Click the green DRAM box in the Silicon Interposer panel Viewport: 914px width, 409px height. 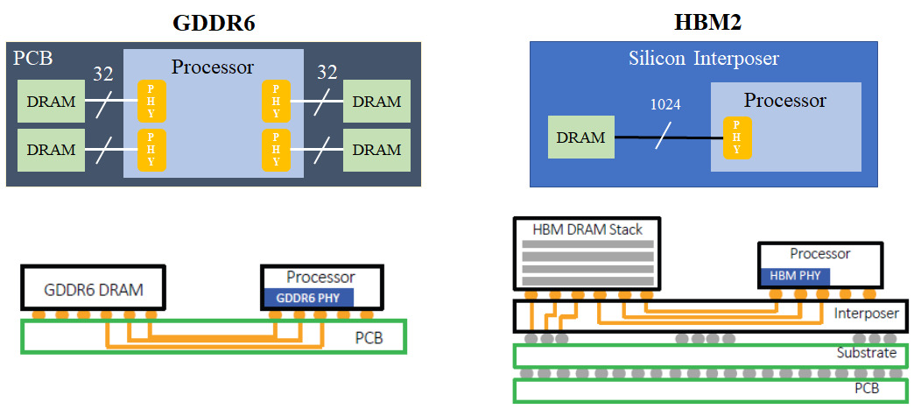[580, 138]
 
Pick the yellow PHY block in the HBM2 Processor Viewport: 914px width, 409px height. [737, 138]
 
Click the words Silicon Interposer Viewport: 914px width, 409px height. [704, 59]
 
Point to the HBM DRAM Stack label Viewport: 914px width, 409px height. [587, 229]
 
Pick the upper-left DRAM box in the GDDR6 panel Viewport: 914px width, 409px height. [51, 102]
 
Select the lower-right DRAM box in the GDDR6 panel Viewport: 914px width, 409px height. [376, 149]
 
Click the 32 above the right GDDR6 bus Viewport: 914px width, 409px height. [327, 73]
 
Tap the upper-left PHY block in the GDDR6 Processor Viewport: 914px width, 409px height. [151, 102]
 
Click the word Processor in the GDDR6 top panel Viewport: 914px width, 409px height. [213, 67]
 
